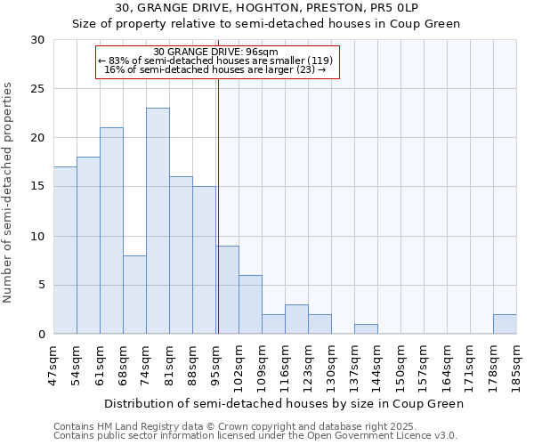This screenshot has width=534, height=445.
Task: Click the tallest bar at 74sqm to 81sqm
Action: pos(158,221)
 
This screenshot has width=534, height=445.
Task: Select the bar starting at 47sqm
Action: pos(65,250)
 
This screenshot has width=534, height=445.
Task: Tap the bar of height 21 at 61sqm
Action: pos(111,231)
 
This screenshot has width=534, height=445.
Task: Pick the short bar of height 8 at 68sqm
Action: pos(134,295)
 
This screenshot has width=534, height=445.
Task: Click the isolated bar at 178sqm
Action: pos(505,324)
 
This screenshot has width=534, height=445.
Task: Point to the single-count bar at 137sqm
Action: pos(366,329)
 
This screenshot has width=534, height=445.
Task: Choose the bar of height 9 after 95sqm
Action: pos(227,290)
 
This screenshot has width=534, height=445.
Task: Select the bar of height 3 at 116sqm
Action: pos(296,320)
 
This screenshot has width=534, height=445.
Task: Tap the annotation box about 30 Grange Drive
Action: pos(217,61)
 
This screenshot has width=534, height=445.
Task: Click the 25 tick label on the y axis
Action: pos(37,89)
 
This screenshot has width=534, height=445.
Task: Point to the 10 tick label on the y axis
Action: pos(37,236)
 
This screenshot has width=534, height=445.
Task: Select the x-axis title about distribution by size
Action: pos(284,403)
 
